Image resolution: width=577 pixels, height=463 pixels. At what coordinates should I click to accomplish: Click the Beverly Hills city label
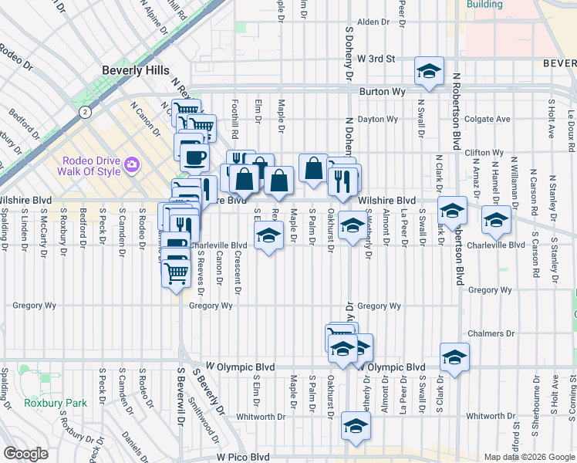[136, 70]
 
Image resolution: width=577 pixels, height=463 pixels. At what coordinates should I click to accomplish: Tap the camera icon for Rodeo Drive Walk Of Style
[131, 164]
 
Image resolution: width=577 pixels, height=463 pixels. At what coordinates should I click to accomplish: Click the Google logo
[25, 454]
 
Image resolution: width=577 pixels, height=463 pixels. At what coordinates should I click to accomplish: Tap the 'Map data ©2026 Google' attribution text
[528, 457]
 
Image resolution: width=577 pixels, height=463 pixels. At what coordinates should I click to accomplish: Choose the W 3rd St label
[376, 59]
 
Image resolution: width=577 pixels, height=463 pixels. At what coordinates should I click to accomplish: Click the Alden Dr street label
[373, 22]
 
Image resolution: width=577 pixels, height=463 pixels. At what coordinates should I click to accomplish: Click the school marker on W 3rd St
[429, 72]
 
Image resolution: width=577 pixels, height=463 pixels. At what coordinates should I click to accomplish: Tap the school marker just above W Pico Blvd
[356, 426]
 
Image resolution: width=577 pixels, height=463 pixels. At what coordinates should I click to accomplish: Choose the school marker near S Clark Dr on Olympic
[455, 357]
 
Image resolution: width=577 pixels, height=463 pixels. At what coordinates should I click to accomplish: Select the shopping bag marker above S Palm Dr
[313, 167]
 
